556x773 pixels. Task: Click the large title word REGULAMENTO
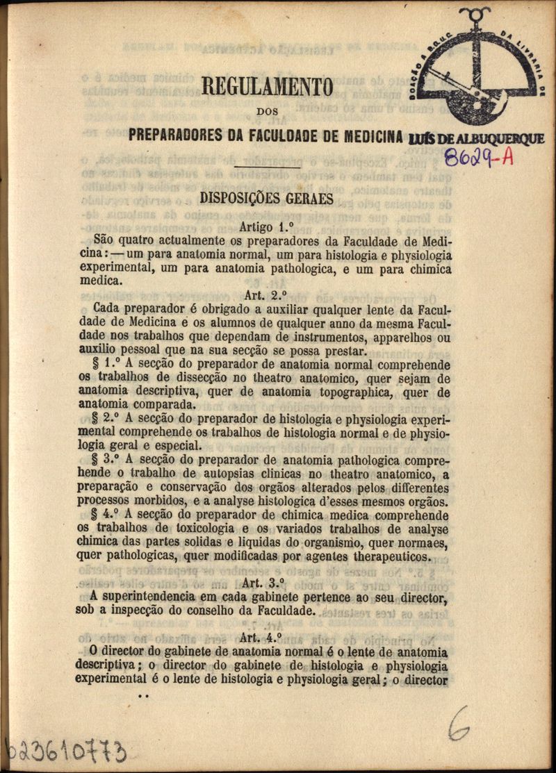click(x=267, y=88)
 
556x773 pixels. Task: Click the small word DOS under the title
click(x=268, y=110)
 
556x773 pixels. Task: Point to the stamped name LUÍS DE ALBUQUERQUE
click(x=477, y=139)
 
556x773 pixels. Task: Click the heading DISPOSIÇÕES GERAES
click(x=267, y=199)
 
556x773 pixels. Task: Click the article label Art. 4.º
click(x=261, y=637)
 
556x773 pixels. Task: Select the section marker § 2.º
click(x=108, y=419)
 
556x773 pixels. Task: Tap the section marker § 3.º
click(x=108, y=460)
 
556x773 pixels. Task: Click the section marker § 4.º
click(x=108, y=515)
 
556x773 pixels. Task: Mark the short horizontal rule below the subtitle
click(x=268, y=167)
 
